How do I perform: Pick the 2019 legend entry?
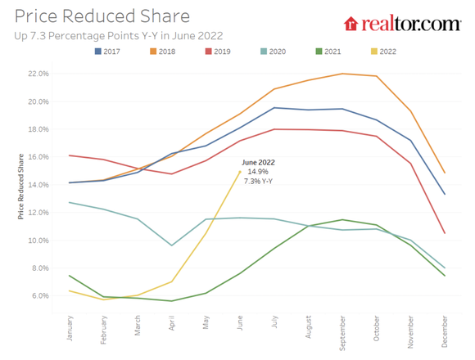217,51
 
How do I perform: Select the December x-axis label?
443,330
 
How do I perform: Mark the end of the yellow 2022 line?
239,171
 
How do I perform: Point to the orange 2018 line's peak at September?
342,74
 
